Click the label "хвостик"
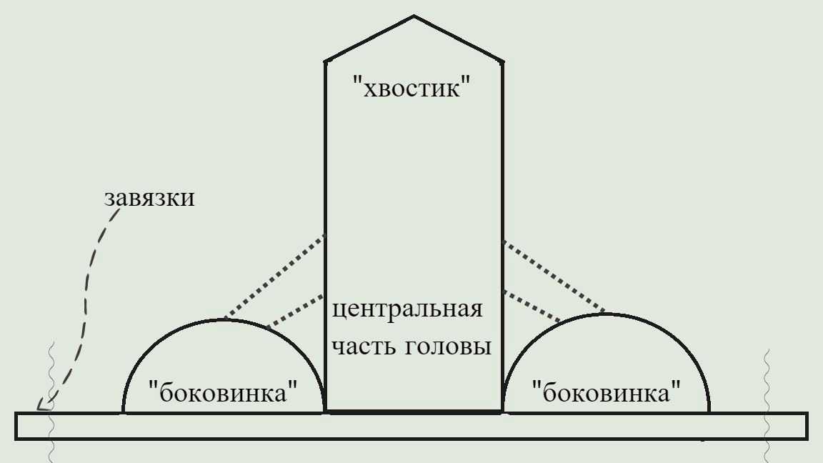[x=411, y=87]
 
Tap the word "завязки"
[x=149, y=199]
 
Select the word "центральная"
[x=407, y=309]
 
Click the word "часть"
[x=362, y=347]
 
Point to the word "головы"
[x=449, y=347]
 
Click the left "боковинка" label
[x=224, y=392]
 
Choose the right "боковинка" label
[x=607, y=392]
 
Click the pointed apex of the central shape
[x=414, y=16]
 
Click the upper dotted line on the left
[x=274, y=278]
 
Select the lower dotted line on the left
[x=295, y=312]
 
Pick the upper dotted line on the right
[x=554, y=277]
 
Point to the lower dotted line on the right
[x=532, y=306]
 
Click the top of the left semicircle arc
[x=224, y=319]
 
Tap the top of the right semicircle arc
[x=607, y=314]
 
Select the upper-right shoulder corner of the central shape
[x=503, y=62]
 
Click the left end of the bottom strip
[x=16, y=426]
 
